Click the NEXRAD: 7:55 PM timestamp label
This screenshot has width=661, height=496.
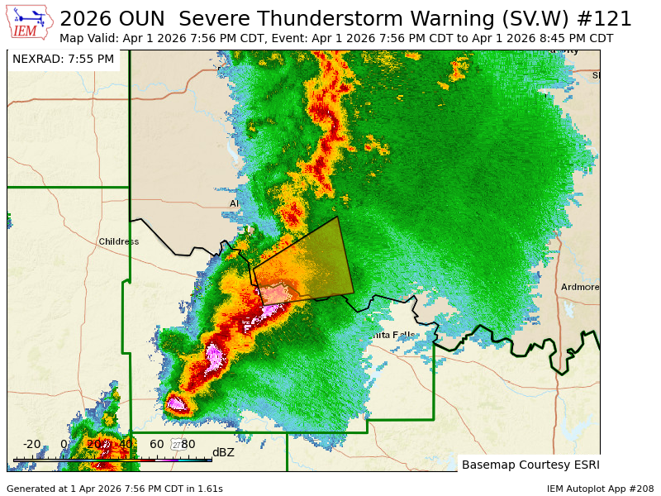(x=63, y=59)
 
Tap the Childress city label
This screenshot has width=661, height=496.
(x=118, y=241)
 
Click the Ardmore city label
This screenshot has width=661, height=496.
(x=579, y=287)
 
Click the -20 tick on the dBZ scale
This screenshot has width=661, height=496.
(x=31, y=444)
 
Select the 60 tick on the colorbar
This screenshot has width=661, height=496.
(x=156, y=444)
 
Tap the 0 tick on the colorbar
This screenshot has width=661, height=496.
(x=64, y=444)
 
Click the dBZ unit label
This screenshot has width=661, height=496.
(x=223, y=452)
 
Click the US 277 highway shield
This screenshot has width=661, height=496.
(x=177, y=445)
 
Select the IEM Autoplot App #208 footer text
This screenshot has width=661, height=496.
(x=600, y=489)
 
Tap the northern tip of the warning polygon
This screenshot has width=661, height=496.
(x=337, y=217)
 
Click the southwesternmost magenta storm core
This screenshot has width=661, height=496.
(x=176, y=403)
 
